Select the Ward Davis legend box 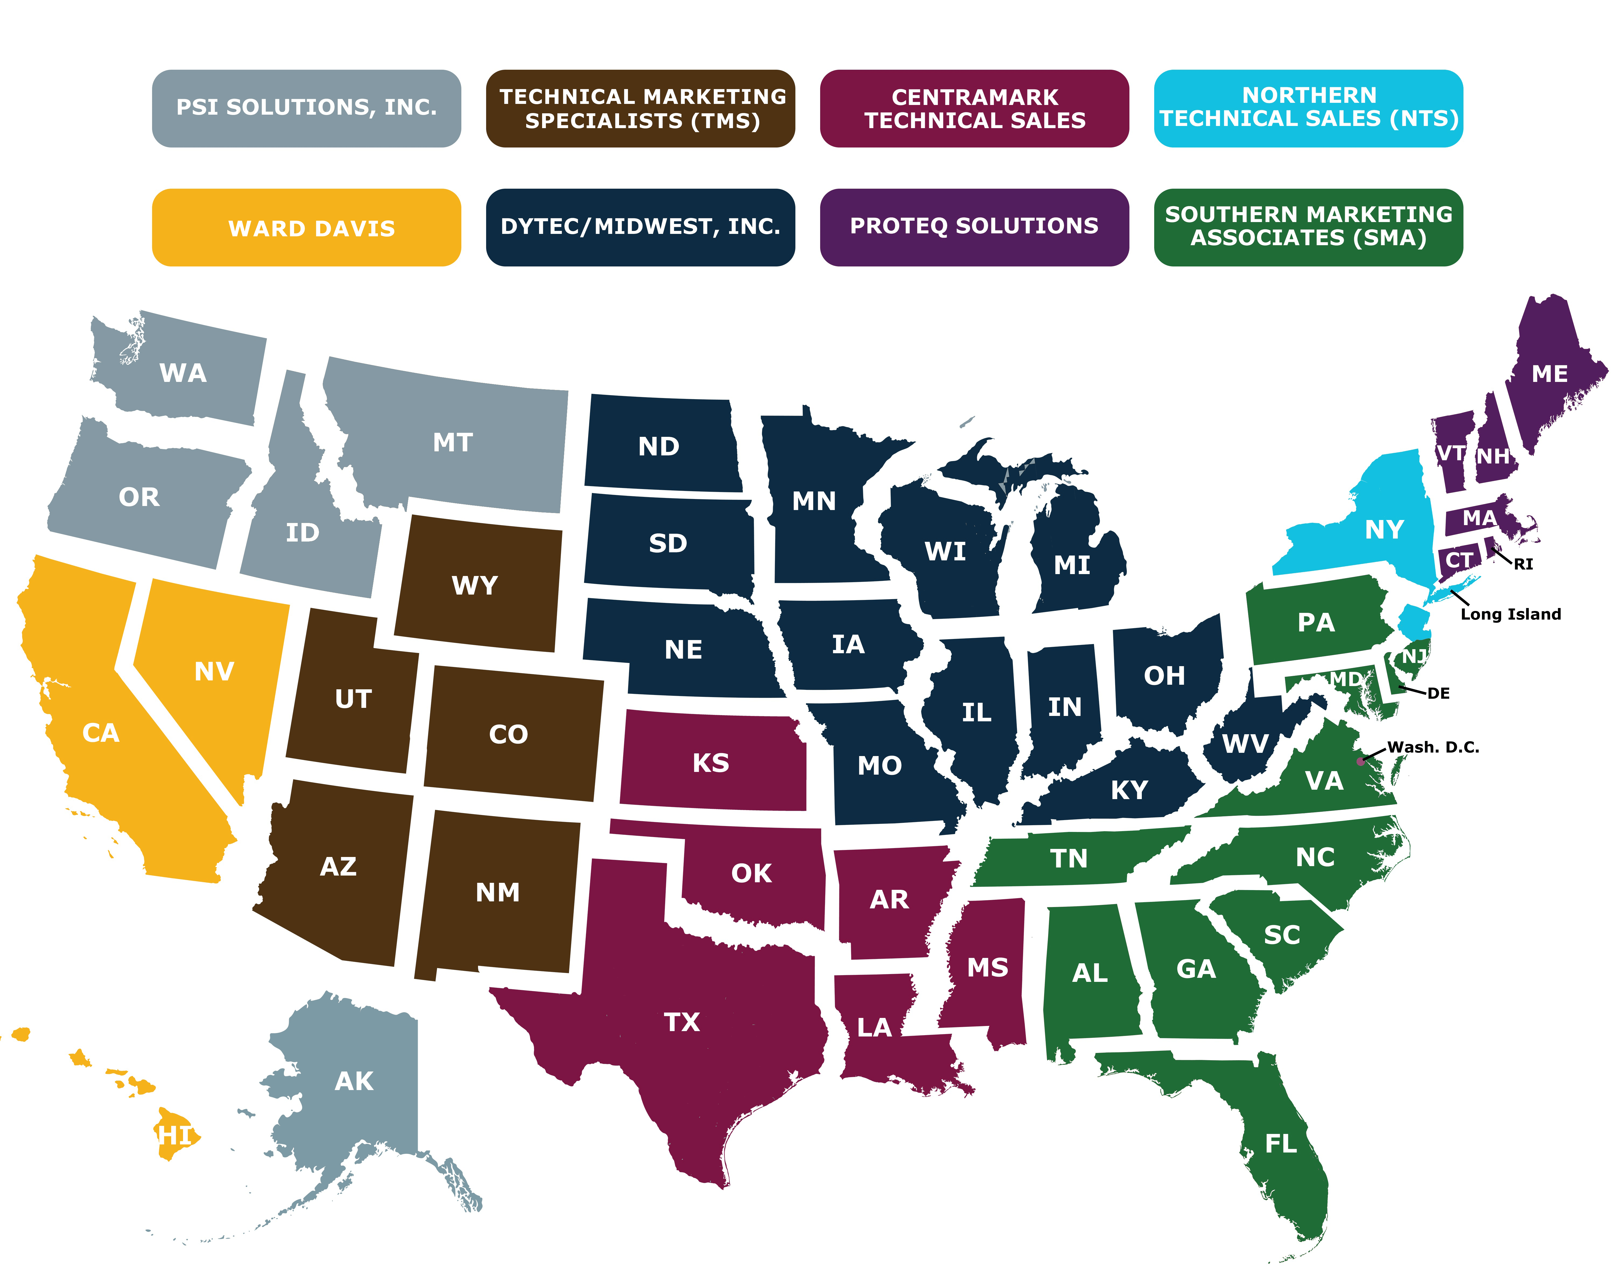306,228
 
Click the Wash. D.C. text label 1433,747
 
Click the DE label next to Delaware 1438,693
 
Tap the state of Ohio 1164,676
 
